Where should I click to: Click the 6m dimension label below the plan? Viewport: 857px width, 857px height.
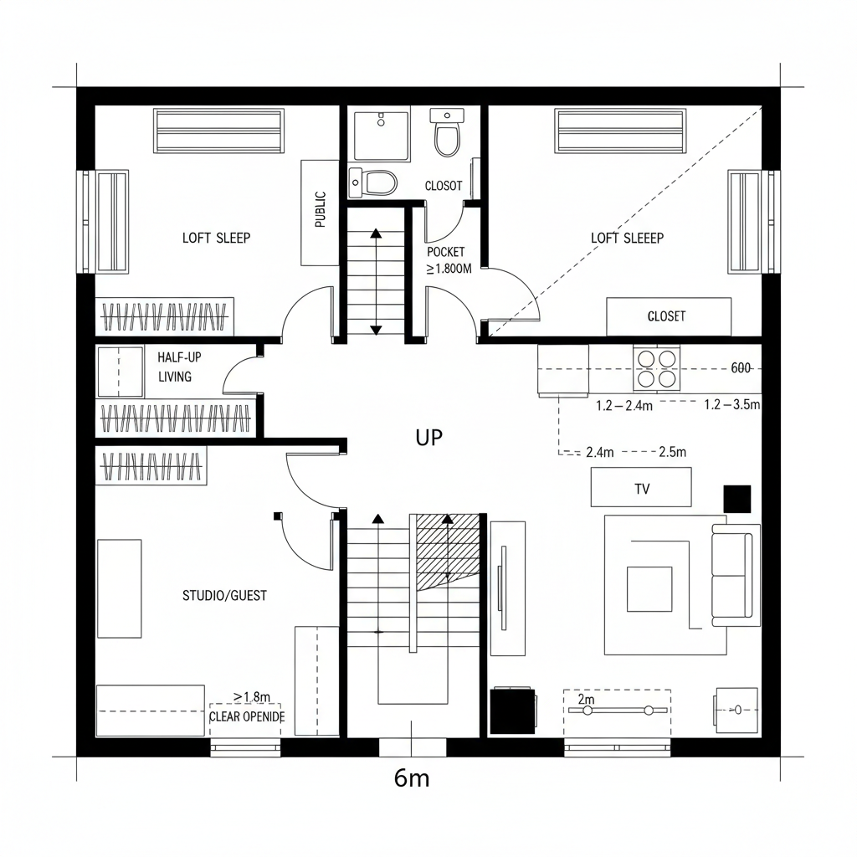tap(411, 778)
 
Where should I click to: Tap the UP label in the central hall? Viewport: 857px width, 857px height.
tap(428, 437)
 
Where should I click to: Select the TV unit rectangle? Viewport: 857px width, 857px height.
tap(641, 487)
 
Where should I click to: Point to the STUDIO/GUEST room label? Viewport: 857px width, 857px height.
tap(224, 596)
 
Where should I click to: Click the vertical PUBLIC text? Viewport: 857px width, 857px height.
tap(320, 210)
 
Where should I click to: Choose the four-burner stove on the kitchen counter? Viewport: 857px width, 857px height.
tap(656, 368)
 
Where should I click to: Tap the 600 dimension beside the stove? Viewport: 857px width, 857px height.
tap(741, 368)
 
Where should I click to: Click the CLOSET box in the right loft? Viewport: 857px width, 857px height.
tap(668, 316)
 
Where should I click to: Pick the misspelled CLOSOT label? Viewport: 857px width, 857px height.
tap(443, 186)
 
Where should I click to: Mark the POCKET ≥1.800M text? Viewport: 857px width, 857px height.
tap(448, 260)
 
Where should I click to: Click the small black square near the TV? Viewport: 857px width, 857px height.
tap(737, 498)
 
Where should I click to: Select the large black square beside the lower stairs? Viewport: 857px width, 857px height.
tap(512, 711)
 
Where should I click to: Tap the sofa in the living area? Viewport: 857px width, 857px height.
tap(736, 575)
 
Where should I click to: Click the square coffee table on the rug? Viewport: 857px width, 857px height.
tap(649, 589)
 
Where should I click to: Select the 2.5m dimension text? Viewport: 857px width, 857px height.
tap(672, 452)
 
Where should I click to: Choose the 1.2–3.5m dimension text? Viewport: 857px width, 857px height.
tap(731, 405)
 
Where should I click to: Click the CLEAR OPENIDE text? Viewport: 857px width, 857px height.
tap(246, 717)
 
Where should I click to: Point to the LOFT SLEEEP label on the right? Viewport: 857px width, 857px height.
tap(627, 239)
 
